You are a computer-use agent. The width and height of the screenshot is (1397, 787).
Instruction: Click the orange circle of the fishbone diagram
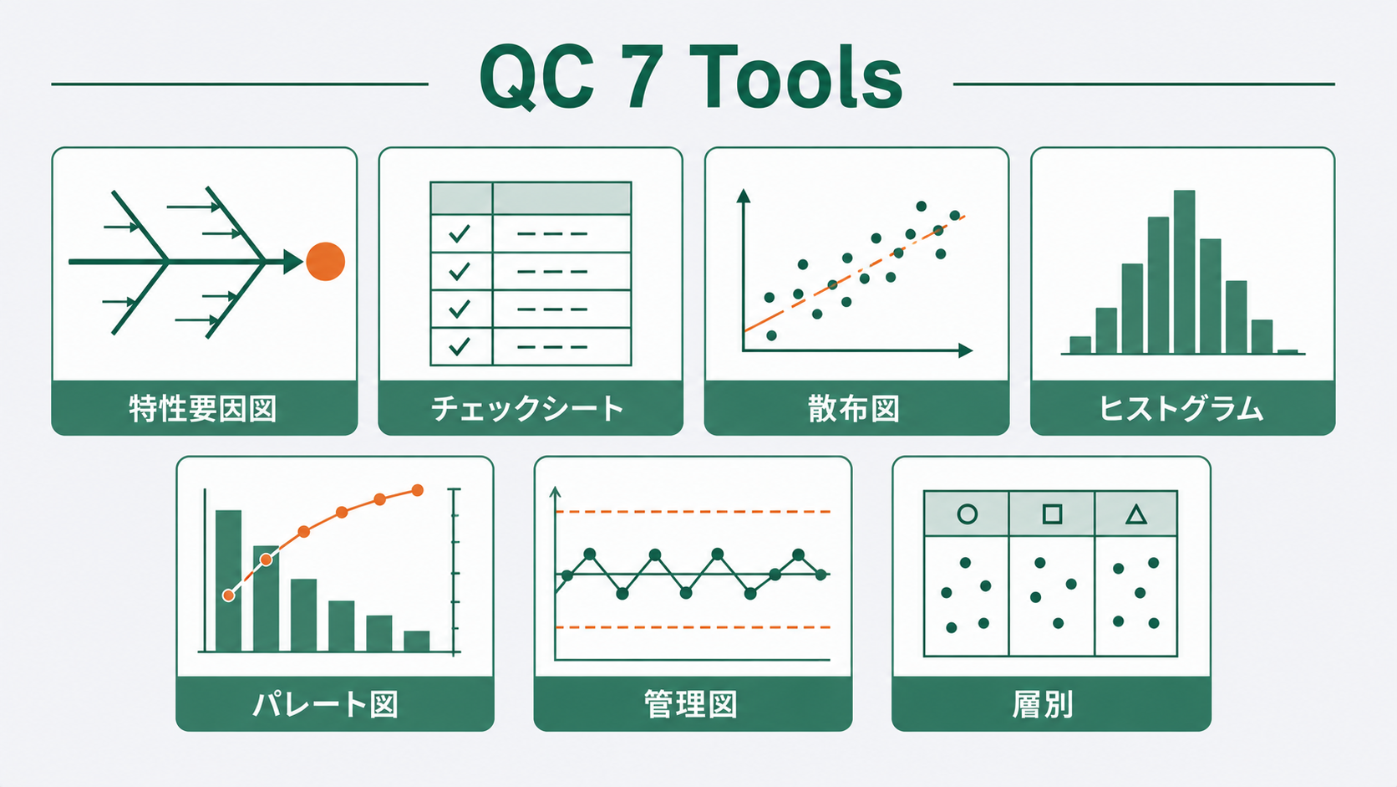click(x=325, y=262)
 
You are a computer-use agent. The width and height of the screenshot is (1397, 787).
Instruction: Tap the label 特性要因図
click(x=203, y=410)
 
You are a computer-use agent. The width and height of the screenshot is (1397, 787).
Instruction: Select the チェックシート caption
click(x=527, y=410)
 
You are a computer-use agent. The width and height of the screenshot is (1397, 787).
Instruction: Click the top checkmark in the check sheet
click(x=460, y=234)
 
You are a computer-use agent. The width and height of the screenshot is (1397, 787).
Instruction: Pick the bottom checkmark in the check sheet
click(x=460, y=346)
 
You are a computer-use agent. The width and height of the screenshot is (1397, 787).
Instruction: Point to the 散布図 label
click(x=854, y=410)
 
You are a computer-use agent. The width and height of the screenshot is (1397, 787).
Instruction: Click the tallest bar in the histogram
click(x=1184, y=272)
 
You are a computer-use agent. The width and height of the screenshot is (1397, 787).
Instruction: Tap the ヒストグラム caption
click(x=1181, y=410)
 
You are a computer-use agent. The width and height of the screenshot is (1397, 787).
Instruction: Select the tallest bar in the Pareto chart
click(x=228, y=581)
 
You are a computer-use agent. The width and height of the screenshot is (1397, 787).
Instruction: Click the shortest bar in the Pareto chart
click(x=417, y=641)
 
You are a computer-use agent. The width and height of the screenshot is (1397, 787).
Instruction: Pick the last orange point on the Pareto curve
click(x=418, y=491)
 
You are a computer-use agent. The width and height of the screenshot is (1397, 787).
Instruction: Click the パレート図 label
click(x=326, y=704)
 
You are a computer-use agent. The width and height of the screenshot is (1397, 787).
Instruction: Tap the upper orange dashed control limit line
click(x=693, y=512)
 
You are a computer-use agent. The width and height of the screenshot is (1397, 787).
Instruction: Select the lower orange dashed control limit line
click(x=693, y=627)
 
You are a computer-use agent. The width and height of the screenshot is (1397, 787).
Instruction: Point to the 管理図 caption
click(x=691, y=704)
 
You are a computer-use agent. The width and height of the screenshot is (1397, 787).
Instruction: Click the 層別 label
click(x=1042, y=704)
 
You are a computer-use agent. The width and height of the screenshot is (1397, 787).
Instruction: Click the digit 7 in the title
click(x=643, y=78)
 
